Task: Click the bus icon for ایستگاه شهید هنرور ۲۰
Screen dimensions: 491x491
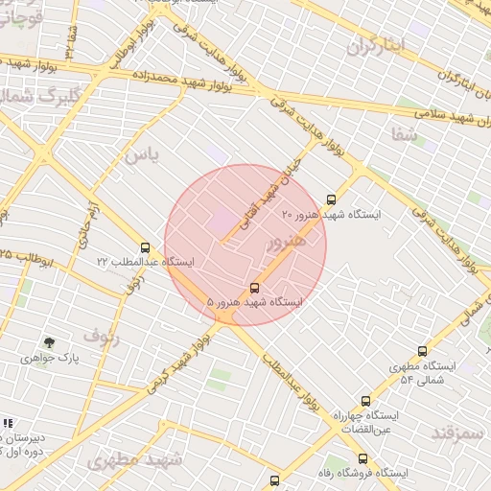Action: pos(331,199)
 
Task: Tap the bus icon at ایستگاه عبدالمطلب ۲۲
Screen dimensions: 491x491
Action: pos(145,247)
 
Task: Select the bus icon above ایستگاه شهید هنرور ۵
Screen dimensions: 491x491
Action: pos(254,287)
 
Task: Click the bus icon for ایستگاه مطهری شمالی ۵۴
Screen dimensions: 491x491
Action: pos(420,353)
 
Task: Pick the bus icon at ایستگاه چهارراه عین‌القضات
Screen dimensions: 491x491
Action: pos(364,401)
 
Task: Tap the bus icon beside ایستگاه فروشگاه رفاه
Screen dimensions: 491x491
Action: pos(275,479)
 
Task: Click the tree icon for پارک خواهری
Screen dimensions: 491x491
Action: pos(49,342)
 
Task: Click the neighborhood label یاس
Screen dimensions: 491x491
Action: pos(139,154)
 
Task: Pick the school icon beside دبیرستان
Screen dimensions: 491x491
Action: pos(8,423)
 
